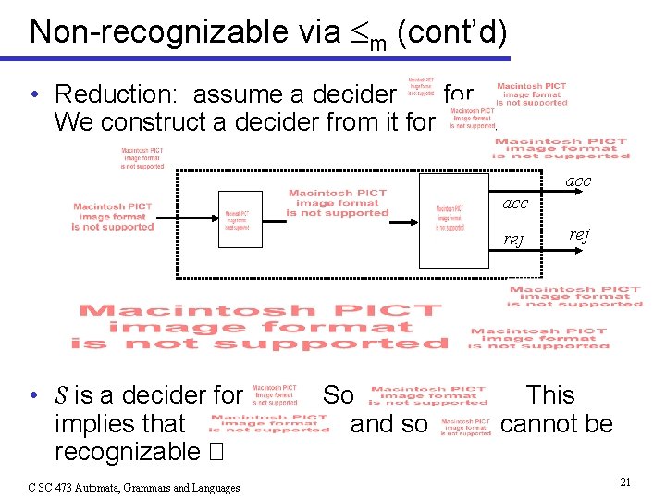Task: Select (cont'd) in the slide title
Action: pos(451,32)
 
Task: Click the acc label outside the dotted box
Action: pos(578,182)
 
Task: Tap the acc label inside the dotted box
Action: pos(515,203)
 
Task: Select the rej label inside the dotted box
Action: pos(513,240)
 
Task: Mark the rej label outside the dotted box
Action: pos(578,234)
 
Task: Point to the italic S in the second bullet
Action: pos(60,396)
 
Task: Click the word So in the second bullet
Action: pos(338,395)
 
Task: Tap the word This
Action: pos(550,395)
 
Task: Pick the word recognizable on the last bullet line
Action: pos(127,452)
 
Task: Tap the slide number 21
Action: pos(625,481)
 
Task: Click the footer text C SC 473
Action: pos(58,488)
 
